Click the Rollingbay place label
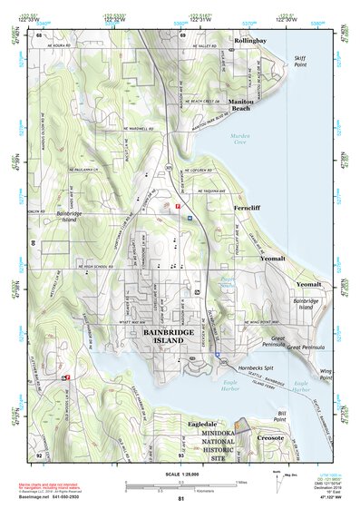coord(249,42)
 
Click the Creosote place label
coord(270,438)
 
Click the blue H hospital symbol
coord(190,218)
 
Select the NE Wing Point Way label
coord(246,321)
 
